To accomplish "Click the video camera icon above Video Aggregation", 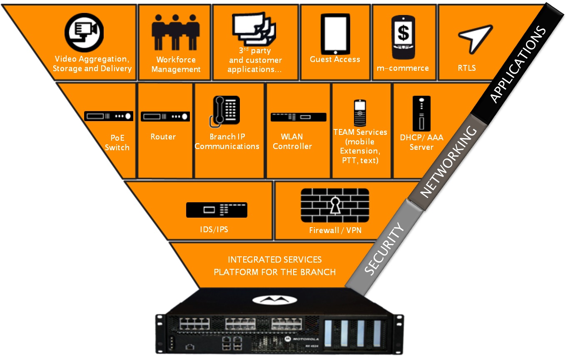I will [x=84, y=32].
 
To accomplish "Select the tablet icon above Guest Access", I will [x=335, y=32].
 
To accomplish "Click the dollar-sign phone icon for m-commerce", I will [x=403, y=37].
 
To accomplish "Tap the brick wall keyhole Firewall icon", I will [x=335, y=206].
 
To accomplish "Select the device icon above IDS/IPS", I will [x=217, y=210].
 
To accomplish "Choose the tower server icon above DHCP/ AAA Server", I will [x=421, y=114].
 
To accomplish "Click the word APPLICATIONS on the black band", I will [x=518, y=65].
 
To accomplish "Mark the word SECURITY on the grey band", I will [x=384, y=249].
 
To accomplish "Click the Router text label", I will [x=163, y=137].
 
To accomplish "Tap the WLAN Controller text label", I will [x=292, y=142].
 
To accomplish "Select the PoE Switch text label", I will [x=117, y=142].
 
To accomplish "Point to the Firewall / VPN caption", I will [x=335, y=230].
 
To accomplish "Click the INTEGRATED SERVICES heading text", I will [x=275, y=260].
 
